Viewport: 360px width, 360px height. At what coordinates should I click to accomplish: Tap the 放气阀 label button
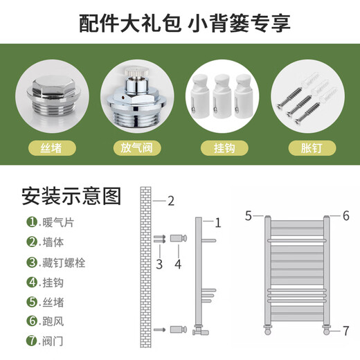137,147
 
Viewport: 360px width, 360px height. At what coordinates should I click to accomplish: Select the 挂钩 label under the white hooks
222,147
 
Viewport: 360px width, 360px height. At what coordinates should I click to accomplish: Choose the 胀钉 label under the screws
308,147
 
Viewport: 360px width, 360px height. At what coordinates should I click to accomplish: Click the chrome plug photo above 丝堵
52,97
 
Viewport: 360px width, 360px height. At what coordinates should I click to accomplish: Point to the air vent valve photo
137,97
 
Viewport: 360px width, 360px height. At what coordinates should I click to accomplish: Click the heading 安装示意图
71,196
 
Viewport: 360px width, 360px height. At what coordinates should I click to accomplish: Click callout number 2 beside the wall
170,202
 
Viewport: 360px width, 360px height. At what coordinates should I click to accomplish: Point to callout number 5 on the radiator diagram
248,216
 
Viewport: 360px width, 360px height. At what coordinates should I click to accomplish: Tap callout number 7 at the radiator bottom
345,331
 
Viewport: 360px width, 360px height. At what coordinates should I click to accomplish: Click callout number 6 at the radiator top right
345,216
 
